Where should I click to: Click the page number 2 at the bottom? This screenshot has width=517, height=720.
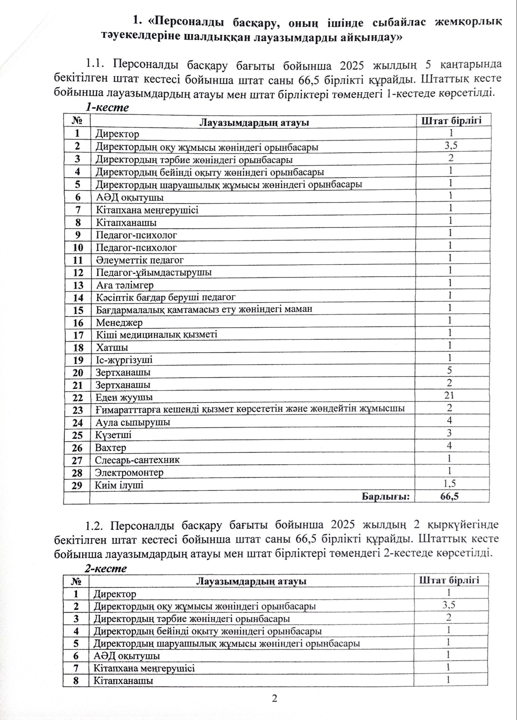coord(274,699)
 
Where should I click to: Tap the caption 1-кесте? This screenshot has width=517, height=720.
coord(107,107)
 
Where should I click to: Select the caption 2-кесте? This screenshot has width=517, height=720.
coord(106,569)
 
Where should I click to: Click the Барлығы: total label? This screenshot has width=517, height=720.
coord(386,496)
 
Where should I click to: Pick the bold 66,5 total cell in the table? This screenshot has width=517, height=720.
coord(450,496)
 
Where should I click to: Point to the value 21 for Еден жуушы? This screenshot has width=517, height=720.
coord(449,395)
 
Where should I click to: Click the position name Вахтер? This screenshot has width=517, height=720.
coord(111,448)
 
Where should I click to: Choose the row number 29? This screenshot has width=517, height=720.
coord(77,485)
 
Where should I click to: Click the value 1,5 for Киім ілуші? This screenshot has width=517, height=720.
coord(450,483)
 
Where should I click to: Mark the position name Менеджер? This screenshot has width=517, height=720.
coord(119,322)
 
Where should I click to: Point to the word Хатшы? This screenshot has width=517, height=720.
coord(112,348)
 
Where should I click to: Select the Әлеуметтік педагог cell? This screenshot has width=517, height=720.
coord(140,260)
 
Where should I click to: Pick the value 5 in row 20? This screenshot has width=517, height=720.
coord(449,370)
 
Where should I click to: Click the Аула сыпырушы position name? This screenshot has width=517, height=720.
coord(133,422)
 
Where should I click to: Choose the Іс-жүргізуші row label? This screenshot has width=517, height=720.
coord(124,360)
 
